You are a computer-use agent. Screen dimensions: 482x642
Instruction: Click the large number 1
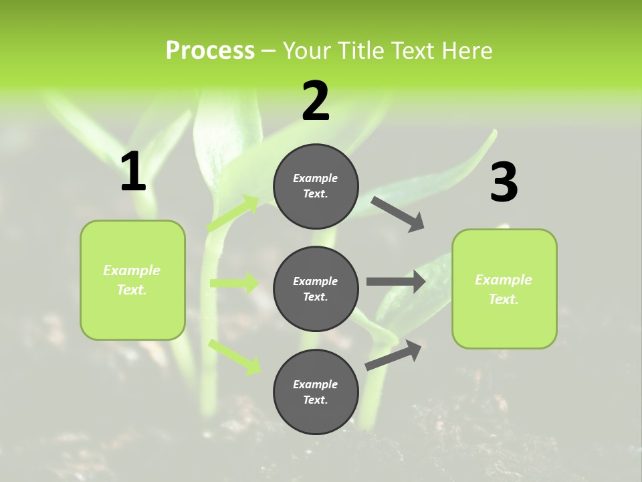[133, 172]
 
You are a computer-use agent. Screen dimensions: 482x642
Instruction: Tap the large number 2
[316, 101]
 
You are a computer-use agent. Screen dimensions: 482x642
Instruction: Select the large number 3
[504, 182]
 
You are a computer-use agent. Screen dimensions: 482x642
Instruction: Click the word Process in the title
[210, 51]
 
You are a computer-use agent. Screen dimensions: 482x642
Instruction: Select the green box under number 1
[132, 280]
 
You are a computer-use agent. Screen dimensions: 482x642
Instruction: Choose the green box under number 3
[504, 289]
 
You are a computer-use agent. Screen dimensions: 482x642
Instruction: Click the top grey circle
[316, 186]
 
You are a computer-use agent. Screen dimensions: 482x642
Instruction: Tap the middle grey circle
[316, 289]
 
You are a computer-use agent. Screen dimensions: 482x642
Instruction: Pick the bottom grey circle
[316, 392]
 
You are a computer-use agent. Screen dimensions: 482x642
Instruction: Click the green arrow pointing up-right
[233, 213]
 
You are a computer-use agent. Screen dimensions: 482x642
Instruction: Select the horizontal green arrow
[234, 283]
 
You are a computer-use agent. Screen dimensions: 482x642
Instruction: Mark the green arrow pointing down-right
[235, 356]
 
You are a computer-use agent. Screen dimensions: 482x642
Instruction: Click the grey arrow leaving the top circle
[397, 214]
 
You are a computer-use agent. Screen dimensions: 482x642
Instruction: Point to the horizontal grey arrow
[395, 282]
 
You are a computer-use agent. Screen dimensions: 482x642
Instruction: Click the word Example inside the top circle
[316, 178]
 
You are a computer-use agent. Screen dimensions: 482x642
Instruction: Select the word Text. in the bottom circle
[316, 400]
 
